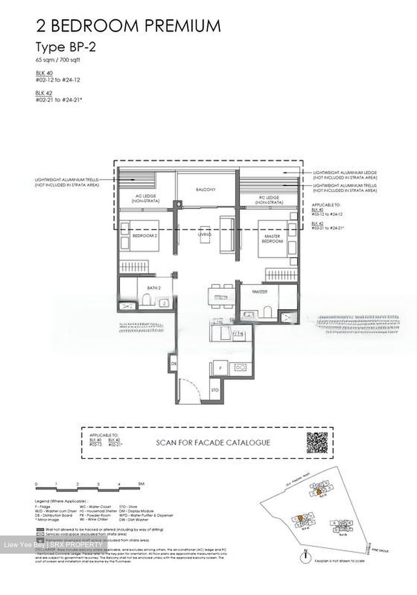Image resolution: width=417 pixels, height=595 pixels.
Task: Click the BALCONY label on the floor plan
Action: (206, 190)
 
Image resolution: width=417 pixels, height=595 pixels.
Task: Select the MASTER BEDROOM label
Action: (273, 238)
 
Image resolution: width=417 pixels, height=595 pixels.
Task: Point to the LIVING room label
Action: (205, 235)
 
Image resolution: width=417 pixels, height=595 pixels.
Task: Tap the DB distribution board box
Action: (174, 364)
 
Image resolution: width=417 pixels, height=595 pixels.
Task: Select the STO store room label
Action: (214, 390)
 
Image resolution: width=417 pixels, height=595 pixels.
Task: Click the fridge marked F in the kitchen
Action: (220, 367)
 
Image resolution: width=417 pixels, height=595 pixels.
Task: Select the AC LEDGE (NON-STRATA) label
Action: (146, 199)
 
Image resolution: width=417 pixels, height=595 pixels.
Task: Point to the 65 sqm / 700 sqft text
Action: (58, 60)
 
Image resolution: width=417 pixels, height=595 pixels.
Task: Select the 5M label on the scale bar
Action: (141, 483)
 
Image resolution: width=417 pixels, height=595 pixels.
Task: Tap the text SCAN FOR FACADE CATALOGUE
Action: (213, 443)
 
